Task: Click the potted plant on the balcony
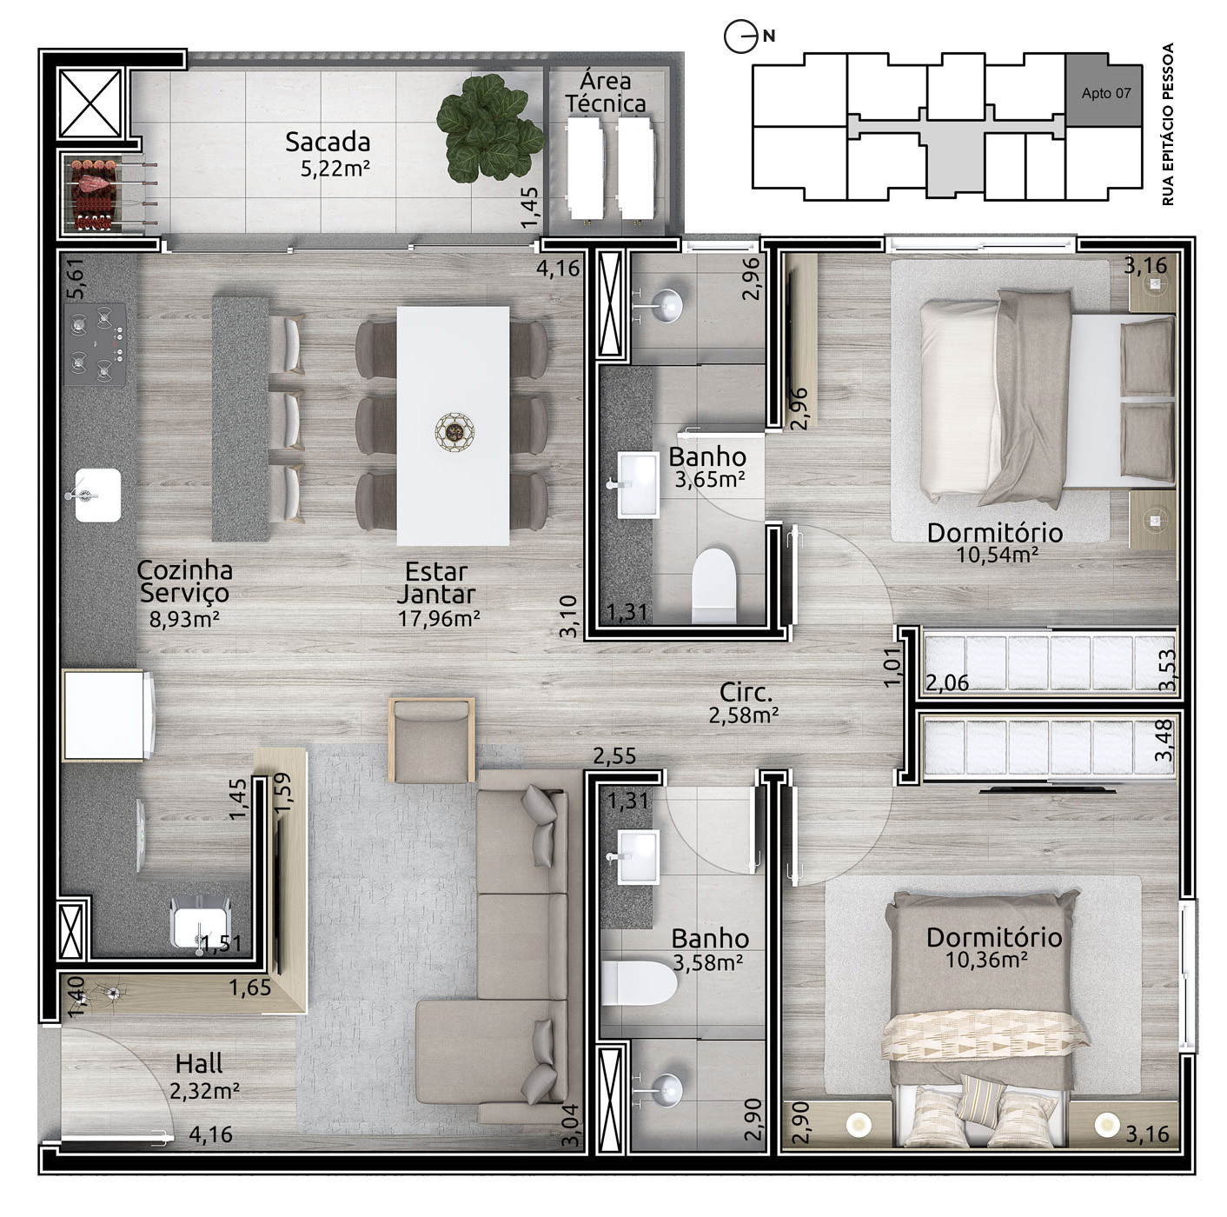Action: click(x=490, y=128)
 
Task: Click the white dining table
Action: click(x=453, y=426)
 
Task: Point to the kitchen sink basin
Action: click(x=97, y=495)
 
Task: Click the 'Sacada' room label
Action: click(x=328, y=142)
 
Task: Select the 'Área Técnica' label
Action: click(x=606, y=92)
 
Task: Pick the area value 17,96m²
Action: click(x=439, y=618)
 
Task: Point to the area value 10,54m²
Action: click(x=997, y=555)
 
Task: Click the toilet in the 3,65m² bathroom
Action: click(x=713, y=585)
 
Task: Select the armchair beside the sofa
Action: click(x=433, y=741)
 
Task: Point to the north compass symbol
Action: click(x=740, y=37)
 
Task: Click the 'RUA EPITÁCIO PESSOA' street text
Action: click(x=1168, y=124)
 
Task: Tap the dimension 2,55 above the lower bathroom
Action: click(x=614, y=756)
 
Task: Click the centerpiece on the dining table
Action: click(x=454, y=433)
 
